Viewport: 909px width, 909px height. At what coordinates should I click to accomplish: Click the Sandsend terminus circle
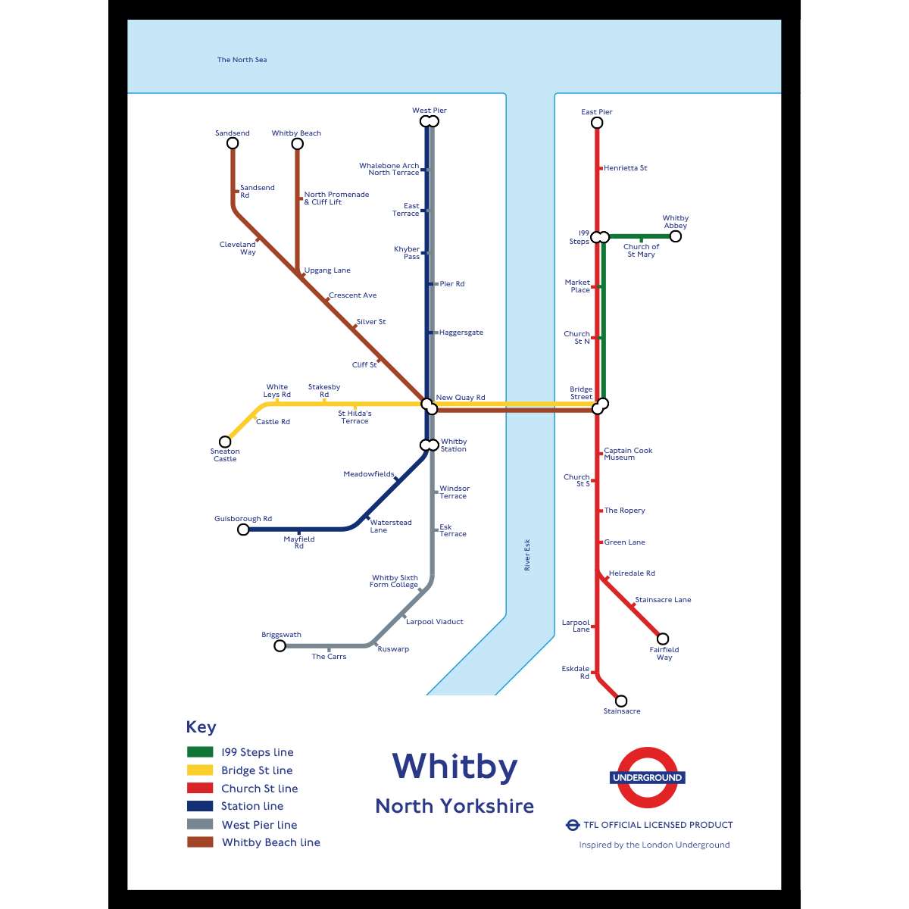point(233,143)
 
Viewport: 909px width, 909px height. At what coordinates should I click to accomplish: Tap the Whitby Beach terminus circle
point(297,143)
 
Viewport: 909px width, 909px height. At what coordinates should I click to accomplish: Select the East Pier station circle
point(597,123)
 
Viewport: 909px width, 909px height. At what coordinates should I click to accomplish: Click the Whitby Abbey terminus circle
point(675,236)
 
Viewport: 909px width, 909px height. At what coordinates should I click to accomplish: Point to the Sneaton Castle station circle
point(225,442)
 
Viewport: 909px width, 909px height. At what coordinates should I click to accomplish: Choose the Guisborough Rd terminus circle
point(243,529)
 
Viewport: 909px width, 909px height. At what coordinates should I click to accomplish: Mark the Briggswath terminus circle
point(280,645)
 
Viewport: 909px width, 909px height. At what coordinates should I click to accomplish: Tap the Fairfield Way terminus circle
point(663,639)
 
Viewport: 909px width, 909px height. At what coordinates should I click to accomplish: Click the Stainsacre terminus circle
point(621,701)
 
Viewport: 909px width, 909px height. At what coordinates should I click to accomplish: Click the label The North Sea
point(242,60)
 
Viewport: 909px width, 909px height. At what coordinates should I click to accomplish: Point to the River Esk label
point(527,555)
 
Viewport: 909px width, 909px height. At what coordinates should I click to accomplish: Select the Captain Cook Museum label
point(628,454)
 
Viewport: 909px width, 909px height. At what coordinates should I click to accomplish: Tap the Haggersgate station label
point(461,333)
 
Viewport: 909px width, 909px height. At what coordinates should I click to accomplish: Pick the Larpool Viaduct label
point(435,622)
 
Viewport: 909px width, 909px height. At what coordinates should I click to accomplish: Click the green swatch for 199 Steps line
point(200,752)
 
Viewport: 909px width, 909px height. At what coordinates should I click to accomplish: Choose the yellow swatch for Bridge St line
point(200,770)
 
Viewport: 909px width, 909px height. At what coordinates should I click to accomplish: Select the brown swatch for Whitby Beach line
point(200,842)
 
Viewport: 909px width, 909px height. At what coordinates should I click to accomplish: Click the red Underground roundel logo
point(648,778)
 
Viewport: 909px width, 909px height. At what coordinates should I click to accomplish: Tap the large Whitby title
point(454,767)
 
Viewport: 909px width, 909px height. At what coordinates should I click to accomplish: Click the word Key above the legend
point(201,727)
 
